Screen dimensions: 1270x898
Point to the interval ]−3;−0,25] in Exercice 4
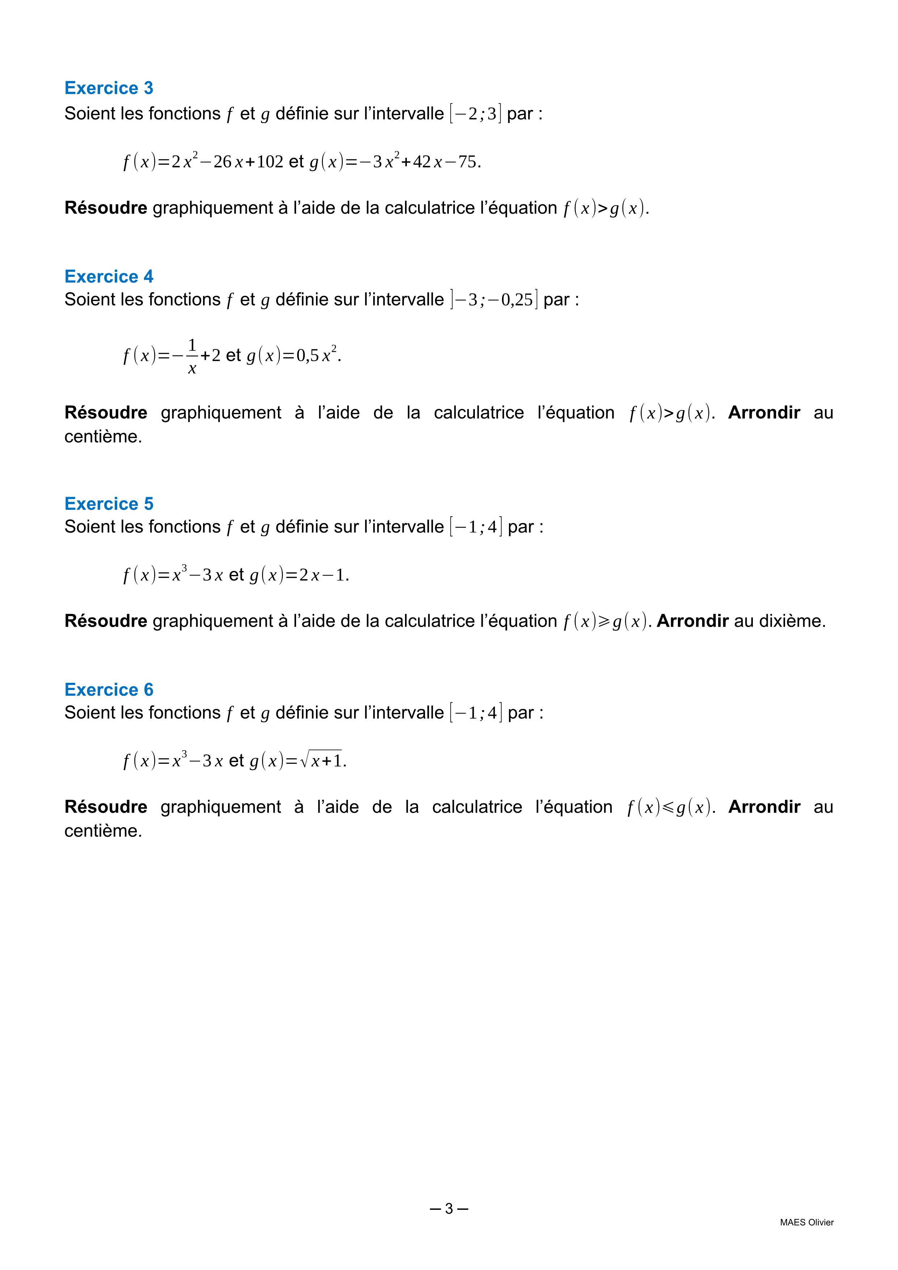[494, 300]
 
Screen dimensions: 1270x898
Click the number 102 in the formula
[270, 162]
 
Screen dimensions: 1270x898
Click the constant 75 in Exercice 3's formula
[467, 162]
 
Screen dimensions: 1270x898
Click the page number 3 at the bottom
[448, 1209]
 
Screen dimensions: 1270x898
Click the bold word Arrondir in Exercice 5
[692, 622]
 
